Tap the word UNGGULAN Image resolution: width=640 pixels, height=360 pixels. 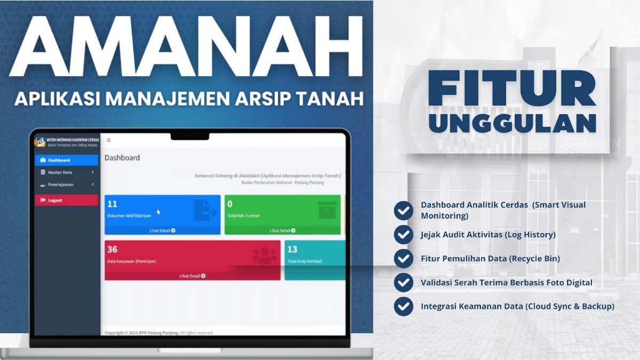512,122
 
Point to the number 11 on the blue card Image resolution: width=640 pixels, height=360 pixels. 112,204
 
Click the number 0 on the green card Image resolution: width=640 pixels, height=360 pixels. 230,204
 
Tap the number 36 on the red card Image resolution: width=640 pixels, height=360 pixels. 112,249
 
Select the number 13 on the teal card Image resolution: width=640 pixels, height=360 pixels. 292,249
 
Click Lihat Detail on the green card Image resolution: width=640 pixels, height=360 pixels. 282,230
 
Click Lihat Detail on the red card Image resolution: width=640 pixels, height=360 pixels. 192,276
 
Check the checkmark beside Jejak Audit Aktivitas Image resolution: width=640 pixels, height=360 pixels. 403,235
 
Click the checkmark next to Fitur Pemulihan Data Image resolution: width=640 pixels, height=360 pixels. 403,259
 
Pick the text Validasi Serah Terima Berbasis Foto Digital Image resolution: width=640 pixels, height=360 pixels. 507,282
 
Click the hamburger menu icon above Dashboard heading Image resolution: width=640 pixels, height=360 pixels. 108,140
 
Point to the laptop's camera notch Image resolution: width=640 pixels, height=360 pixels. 190,135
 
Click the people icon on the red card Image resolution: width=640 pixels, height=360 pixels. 265,255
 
